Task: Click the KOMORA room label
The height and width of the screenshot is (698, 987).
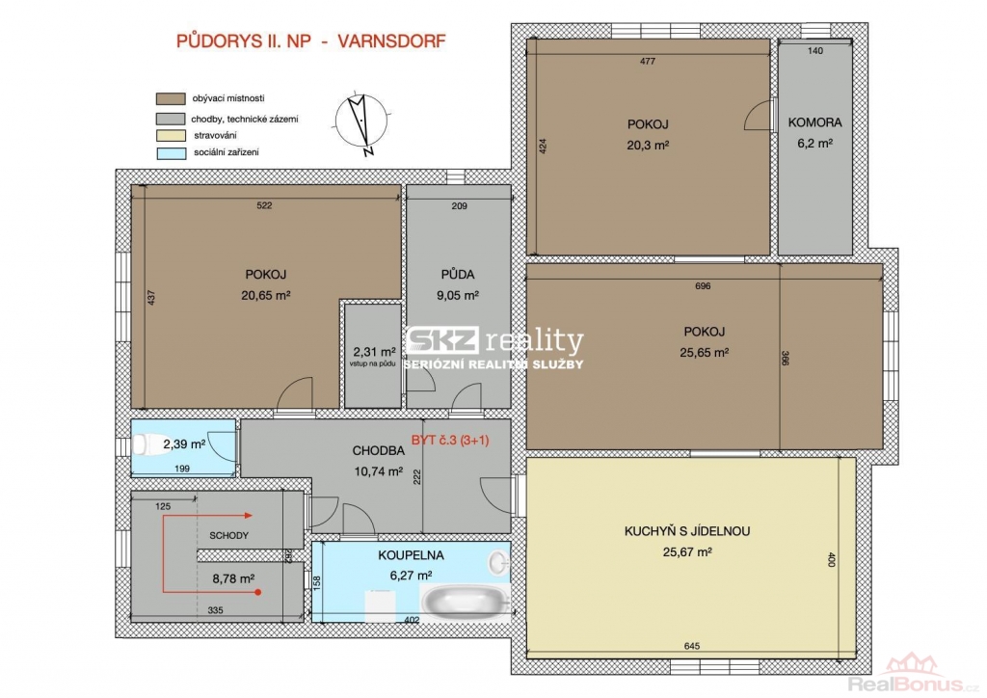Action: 814,122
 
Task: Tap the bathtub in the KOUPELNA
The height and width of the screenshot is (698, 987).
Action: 466,599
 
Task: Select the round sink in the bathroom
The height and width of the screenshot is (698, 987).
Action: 499,562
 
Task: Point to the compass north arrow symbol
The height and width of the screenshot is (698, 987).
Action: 361,124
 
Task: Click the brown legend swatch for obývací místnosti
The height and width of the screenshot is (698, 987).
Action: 171,98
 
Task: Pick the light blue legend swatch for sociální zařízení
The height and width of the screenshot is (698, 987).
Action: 171,153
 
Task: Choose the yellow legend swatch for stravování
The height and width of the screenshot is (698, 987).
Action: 171,135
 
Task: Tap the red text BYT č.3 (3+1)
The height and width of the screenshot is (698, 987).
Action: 450,441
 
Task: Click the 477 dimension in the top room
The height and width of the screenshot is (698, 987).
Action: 648,61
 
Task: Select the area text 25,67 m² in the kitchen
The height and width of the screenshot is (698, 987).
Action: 687,552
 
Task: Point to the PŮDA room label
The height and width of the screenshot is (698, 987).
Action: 458,275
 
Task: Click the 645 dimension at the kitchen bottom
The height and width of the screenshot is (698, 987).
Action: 692,646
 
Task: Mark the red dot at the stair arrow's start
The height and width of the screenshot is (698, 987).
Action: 258,592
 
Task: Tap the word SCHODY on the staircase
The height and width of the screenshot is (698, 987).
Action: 229,536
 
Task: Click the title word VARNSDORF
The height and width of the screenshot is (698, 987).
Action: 391,41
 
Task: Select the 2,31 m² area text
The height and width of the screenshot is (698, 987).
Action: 374,352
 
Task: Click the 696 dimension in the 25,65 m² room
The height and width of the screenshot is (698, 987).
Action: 703,285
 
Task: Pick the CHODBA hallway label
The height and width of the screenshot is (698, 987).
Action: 378,450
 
